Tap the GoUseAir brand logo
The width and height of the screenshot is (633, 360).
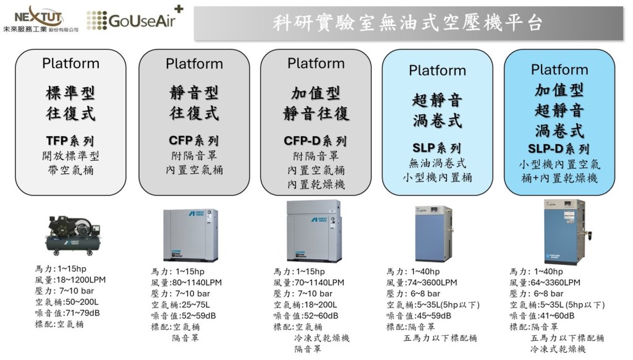[135, 19]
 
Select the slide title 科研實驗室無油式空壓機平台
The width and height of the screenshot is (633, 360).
[408, 24]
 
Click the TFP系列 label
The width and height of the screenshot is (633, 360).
[70, 140]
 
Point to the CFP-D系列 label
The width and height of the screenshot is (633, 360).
[315, 140]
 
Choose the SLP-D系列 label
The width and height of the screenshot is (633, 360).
[559, 149]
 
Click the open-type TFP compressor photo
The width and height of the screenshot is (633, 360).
[72, 234]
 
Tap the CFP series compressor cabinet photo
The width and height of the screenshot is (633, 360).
[190, 234]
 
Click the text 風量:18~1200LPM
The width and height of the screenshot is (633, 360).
[70, 280]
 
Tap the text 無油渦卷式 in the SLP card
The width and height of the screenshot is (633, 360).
[437, 164]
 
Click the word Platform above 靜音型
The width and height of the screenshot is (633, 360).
[194, 64]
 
